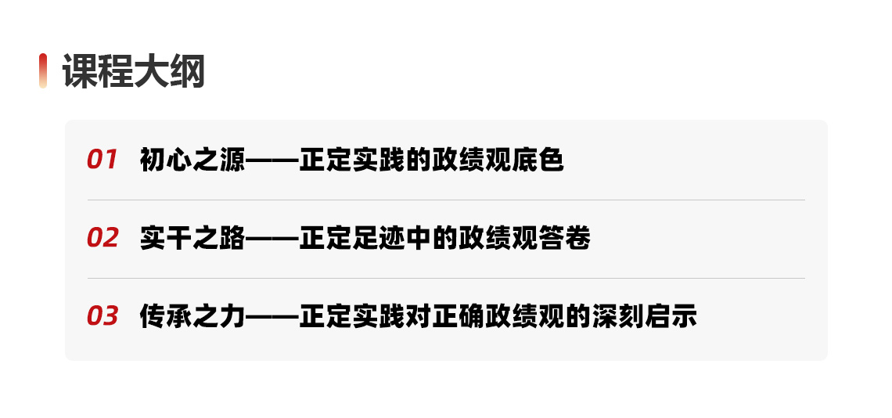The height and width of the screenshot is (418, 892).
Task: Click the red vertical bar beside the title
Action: [x=43, y=71]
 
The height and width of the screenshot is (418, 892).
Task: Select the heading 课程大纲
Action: [x=133, y=71]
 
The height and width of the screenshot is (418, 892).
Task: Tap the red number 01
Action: [x=102, y=160]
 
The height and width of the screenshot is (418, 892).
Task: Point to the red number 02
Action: [x=103, y=238]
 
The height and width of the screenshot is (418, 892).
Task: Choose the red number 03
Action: [x=103, y=316]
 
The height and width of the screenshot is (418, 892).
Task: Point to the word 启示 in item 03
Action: [x=671, y=317]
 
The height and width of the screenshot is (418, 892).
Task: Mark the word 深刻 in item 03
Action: [x=617, y=317]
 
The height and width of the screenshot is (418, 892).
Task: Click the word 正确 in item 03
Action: [x=458, y=317]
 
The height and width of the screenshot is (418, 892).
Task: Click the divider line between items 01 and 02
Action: [x=446, y=200]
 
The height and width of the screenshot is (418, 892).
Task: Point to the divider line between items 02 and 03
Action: [x=446, y=278]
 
